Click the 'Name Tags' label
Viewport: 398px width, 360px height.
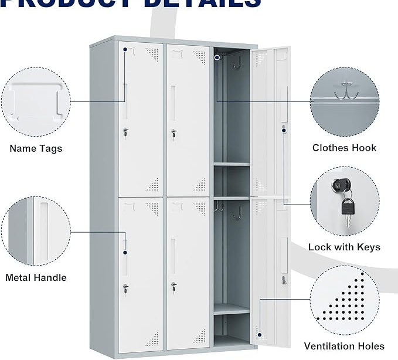(x=36, y=148)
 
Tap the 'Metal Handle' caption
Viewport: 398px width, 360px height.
(x=36, y=277)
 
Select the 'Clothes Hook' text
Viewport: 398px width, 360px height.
(x=344, y=148)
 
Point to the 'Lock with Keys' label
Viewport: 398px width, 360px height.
(x=344, y=247)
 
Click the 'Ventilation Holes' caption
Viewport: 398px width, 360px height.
(x=344, y=346)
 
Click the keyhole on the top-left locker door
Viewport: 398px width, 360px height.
(x=125, y=133)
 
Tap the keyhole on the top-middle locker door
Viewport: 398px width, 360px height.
(x=173, y=134)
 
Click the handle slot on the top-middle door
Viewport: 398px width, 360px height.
(x=172, y=97)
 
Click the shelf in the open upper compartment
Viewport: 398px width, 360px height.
(x=231, y=164)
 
